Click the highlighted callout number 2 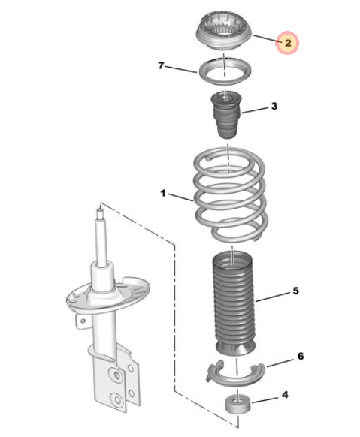[288, 43]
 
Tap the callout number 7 [161, 65]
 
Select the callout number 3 [274, 106]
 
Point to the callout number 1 [163, 193]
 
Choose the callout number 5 [295, 291]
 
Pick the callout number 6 [301, 356]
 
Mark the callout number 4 [285, 395]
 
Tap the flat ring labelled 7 [225, 81]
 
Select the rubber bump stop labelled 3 [225, 115]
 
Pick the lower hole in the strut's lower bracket [118, 399]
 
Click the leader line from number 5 [273, 297]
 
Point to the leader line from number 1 [180, 197]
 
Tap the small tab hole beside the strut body [83, 321]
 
